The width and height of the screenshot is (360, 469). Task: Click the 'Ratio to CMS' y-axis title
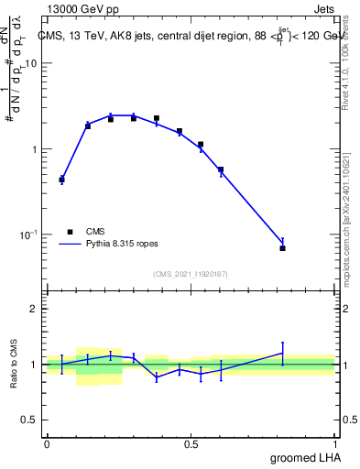coord(15,365)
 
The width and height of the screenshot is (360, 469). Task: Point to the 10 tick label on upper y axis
coord(31,63)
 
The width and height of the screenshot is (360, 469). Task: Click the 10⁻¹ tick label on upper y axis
coord(28,235)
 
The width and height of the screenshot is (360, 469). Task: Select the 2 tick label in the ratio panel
coord(35,309)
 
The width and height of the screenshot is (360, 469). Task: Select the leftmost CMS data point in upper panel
coord(61,180)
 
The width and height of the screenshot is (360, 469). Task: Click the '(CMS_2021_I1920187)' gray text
coord(191,274)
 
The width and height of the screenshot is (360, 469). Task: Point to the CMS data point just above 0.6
coord(221,169)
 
